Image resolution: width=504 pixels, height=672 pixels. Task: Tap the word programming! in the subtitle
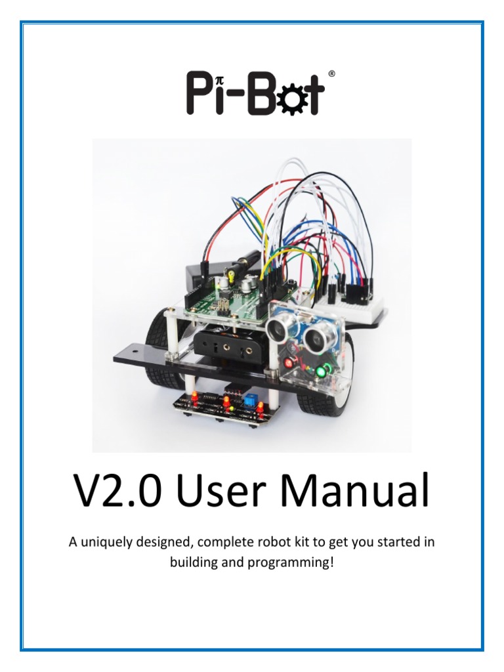[x=300, y=562]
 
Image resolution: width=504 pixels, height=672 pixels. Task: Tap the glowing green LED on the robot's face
[x=322, y=372]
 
